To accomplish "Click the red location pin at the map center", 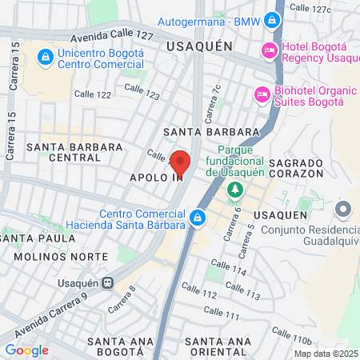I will (x=180, y=162).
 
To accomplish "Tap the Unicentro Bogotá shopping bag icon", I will (x=46, y=58).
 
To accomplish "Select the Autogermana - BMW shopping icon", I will (x=273, y=19).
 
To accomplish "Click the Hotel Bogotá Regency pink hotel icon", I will (x=270, y=50).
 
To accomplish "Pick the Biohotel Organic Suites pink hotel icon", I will (x=262, y=94).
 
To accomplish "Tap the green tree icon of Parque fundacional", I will (x=234, y=190).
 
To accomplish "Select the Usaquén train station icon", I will (x=118, y=282).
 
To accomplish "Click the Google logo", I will (x=26, y=350).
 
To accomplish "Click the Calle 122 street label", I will (x=94, y=94).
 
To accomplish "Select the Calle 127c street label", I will (x=310, y=8).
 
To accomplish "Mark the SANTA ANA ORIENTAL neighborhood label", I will (x=217, y=347).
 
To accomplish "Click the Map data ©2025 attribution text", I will (x=326, y=353).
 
